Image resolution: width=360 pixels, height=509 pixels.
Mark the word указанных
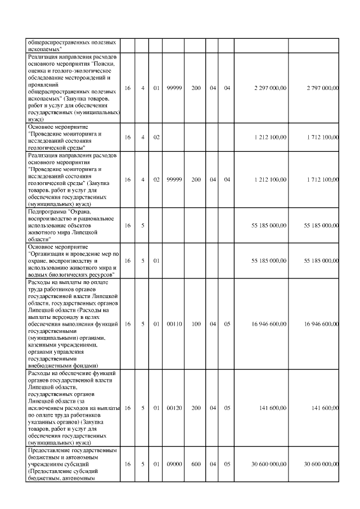point(43,421)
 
